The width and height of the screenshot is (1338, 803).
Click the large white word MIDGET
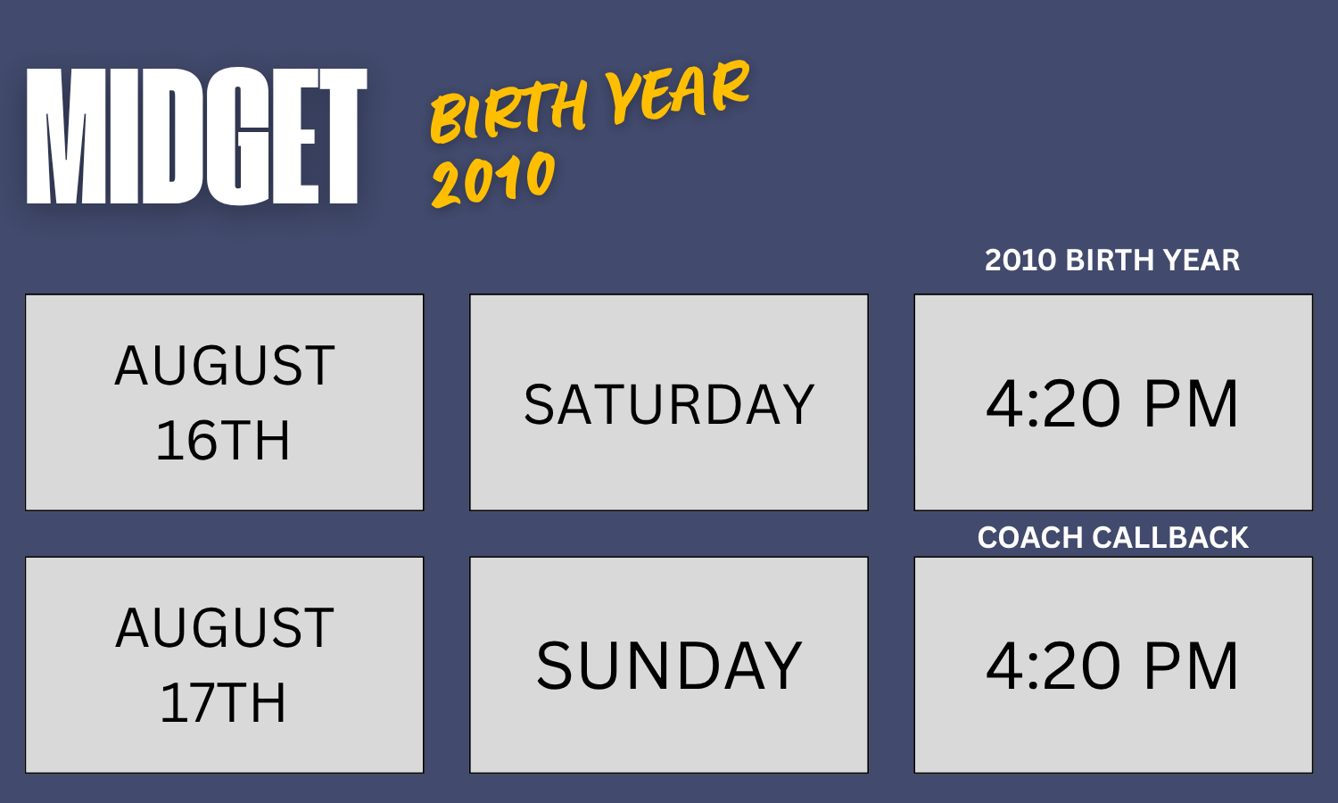click(x=196, y=136)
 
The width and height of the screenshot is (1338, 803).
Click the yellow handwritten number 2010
click(x=493, y=178)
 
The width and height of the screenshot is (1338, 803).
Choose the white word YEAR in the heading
click(x=1202, y=261)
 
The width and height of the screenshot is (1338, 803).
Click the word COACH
click(x=1030, y=538)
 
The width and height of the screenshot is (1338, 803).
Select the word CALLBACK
click(x=1170, y=538)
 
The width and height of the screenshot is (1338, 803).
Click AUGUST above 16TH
click(x=225, y=366)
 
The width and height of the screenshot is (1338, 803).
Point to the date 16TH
click(x=223, y=441)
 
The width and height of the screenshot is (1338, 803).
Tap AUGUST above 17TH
click(x=225, y=627)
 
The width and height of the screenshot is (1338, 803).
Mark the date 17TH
click(x=223, y=703)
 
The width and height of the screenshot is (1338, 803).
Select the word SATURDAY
click(x=669, y=404)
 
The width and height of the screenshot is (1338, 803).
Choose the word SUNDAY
click(x=669, y=666)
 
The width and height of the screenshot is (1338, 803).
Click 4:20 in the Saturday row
click(x=1053, y=404)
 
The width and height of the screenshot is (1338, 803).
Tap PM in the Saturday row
click(x=1191, y=404)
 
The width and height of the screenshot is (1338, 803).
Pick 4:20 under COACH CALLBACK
click(x=1053, y=666)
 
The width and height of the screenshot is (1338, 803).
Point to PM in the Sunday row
click(x=1191, y=666)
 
